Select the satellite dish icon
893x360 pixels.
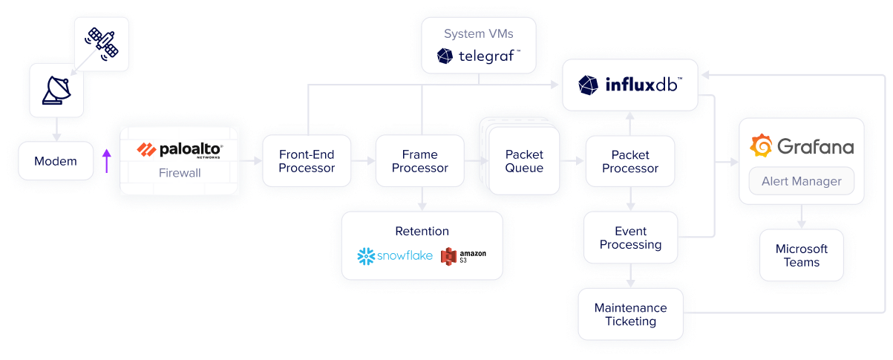point(56,90)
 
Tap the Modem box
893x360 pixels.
point(56,161)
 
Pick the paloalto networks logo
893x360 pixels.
point(180,151)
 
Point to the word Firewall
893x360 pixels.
point(180,173)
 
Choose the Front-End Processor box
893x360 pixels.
point(307,161)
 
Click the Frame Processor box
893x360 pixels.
point(419,161)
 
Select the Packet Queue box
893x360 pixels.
point(524,161)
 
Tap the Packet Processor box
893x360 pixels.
point(630,161)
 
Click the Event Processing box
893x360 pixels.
point(630,238)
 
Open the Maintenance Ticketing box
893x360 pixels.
point(630,314)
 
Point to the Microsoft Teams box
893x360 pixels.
point(801,255)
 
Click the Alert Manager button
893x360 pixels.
point(801,181)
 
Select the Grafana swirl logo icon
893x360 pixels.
point(761,146)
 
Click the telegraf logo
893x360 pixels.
point(479,56)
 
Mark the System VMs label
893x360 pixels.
point(479,33)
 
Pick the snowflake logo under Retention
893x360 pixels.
point(395,256)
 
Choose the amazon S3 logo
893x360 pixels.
point(464,256)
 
